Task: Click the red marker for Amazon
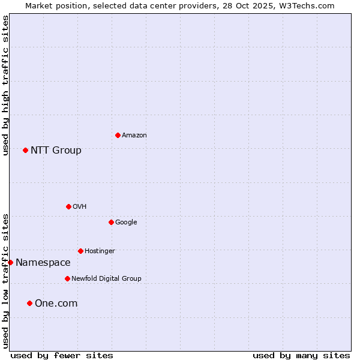[x=118, y=135]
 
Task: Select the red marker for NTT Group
[x=25, y=150]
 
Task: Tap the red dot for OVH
[x=68, y=206]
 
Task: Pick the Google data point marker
[x=111, y=222]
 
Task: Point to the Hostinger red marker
[x=80, y=251]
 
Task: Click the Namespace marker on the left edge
[x=10, y=262]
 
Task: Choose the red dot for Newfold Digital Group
[x=67, y=278]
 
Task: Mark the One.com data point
[x=29, y=303]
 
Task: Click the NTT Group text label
[x=56, y=150]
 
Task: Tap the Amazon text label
[x=134, y=135]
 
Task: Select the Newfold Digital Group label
[x=106, y=278]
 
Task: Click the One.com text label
[x=56, y=303]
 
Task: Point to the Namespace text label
[x=43, y=262]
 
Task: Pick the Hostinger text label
[x=100, y=251]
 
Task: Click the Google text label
[x=126, y=222]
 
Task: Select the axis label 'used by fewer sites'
[x=62, y=355]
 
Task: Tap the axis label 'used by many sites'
[x=301, y=355]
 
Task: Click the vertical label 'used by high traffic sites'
[x=5, y=85]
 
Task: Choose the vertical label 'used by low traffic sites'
[x=5, y=281]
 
